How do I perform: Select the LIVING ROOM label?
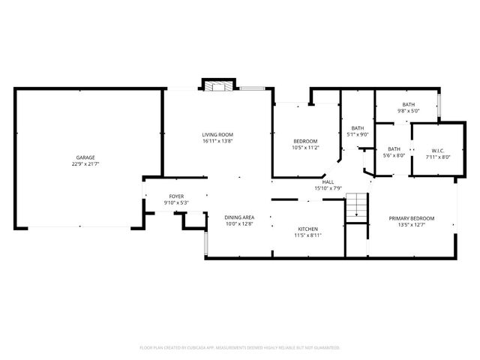pyautogui.click(x=217, y=135)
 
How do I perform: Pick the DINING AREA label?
pyautogui.click(x=239, y=217)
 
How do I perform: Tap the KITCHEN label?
pyautogui.click(x=308, y=229)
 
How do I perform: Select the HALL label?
pyautogui.click(x=328, y=181)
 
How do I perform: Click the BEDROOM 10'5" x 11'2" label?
pyautogui.click(x=305, y=141)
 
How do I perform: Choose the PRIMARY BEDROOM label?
pyautogui.click(x=411, y=218)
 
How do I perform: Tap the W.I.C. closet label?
pyautogui.click(x=438, y=151)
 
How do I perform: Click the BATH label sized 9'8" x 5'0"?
pyautogui.click(x=408, y=105)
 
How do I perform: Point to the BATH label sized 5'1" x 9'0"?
pyautogui.click(x=358, y=128)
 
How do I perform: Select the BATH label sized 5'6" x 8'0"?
pyautogui.click(x=394, y=148)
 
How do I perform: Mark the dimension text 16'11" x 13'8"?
pyautogui.click(x=217, y=141)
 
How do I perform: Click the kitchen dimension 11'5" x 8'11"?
pyautogui.click(x=308, y=235)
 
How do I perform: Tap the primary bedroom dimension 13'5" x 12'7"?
pyautogui.click(x=411, y=224)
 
